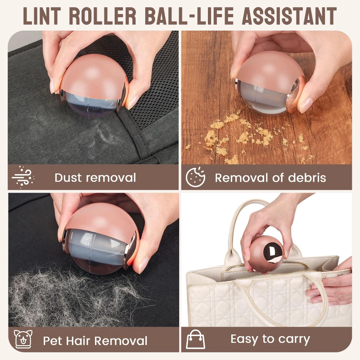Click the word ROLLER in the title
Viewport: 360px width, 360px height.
103,16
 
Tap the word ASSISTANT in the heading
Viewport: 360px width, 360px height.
289,16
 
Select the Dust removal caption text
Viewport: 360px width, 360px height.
95,178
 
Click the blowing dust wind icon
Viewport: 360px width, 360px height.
23,177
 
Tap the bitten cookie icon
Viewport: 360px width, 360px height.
195,177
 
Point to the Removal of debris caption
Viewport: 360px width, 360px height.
270,178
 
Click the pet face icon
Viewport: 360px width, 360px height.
23,339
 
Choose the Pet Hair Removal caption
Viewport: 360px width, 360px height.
95,341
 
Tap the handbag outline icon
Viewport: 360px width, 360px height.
195,339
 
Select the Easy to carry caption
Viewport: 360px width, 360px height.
270,339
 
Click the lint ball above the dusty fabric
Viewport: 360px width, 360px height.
94,86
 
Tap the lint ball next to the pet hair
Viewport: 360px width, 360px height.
100,238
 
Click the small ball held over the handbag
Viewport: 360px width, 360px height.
266,254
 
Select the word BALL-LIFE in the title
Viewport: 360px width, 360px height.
189,16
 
